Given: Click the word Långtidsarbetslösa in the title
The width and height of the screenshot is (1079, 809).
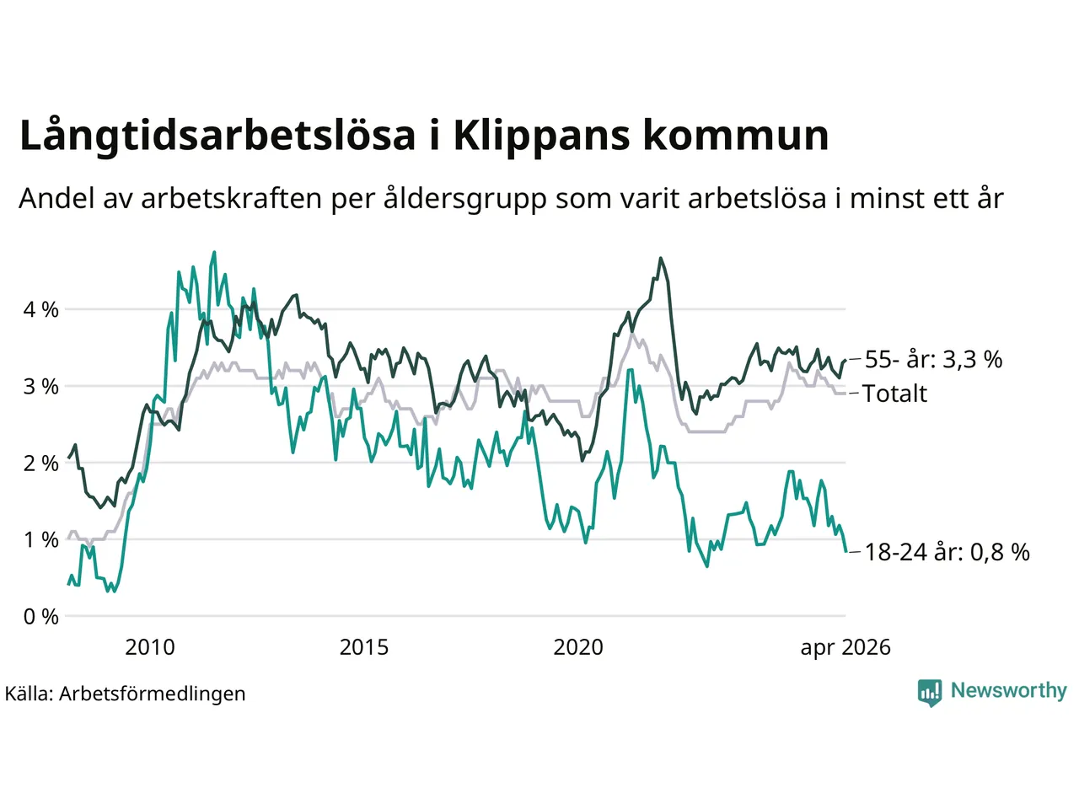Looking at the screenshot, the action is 218,136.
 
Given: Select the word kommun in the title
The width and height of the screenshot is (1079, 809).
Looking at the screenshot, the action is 736,136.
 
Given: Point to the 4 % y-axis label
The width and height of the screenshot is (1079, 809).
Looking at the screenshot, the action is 40,310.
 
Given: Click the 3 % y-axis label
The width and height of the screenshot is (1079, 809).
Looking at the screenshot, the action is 40,387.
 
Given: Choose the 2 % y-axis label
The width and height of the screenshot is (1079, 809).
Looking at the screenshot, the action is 40,463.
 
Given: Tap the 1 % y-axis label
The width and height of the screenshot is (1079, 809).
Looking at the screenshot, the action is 40,540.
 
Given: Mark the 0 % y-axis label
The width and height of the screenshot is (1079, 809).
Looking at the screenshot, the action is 40,617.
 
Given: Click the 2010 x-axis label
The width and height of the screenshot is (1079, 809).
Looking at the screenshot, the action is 150,647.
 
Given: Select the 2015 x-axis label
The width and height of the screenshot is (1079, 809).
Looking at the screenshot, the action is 364,647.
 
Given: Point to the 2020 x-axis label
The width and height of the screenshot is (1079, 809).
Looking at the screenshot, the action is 578,647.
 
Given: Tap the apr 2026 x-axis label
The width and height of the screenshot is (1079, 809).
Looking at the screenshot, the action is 845,648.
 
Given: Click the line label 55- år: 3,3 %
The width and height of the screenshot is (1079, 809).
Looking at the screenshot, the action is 933,360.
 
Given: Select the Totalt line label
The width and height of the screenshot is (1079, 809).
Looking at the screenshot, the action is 894,394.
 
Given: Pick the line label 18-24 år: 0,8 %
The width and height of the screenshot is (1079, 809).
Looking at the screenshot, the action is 947,553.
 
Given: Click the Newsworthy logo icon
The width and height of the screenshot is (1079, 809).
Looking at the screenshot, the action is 930,693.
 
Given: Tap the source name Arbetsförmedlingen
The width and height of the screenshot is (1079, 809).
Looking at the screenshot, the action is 153,694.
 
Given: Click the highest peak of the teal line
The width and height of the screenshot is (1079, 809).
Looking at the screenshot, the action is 214,252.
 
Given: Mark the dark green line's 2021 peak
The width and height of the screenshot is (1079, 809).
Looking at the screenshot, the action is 661,258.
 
